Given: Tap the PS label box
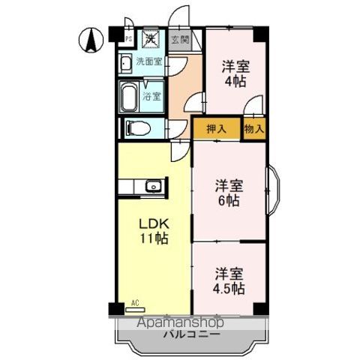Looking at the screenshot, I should coord(127,39).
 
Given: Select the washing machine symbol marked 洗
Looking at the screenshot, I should coord(151,38).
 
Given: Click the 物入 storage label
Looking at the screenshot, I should coord(253,128).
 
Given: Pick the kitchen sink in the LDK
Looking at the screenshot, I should coord(152,186).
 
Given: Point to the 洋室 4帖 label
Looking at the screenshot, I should coord(235,73).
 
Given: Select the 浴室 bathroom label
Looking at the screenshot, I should coord(153,96).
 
